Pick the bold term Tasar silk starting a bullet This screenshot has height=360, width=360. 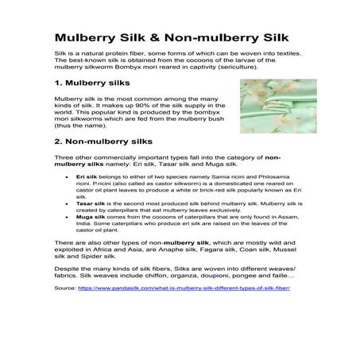point(91,226)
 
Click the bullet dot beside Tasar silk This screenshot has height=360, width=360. point(68,226)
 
